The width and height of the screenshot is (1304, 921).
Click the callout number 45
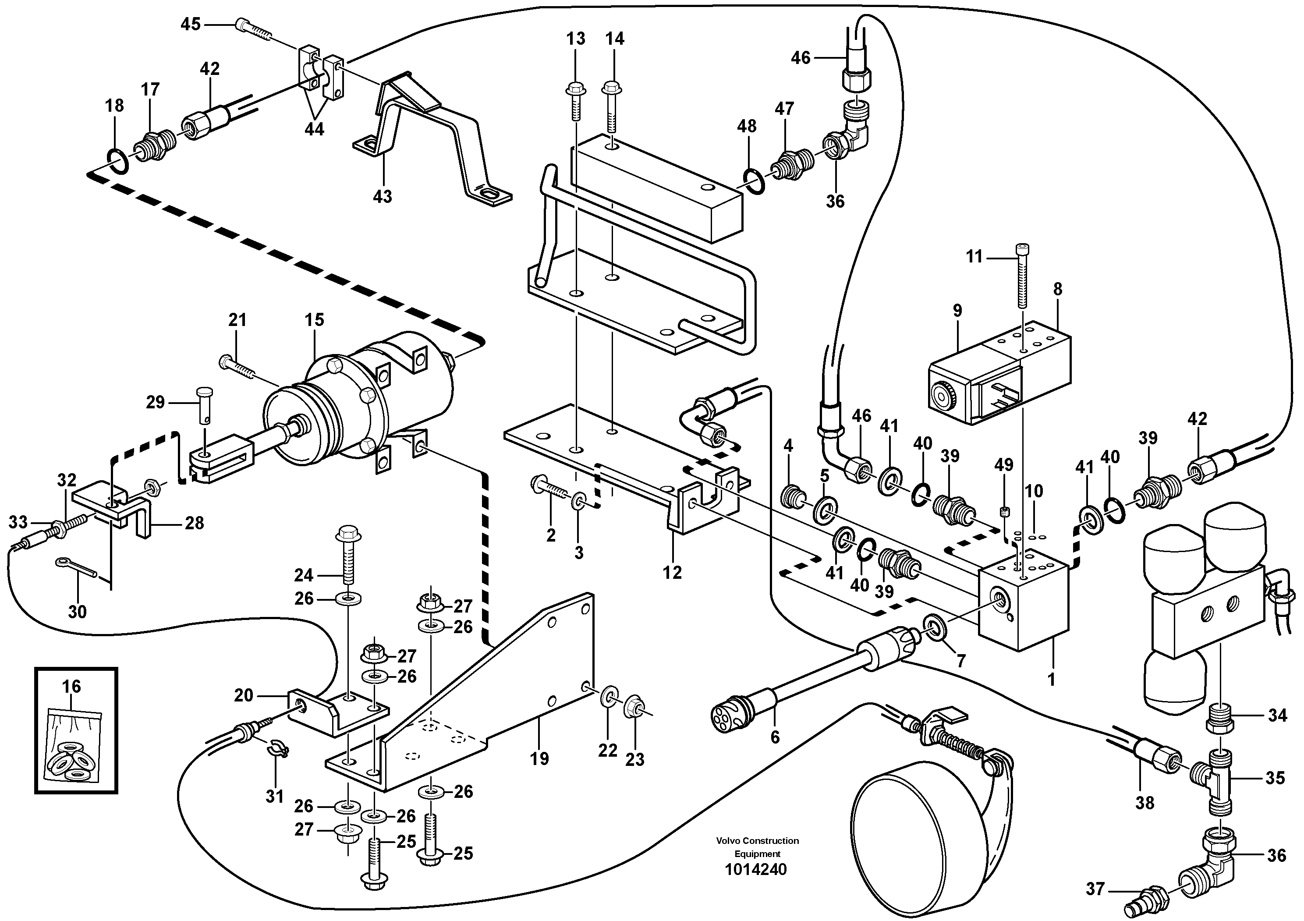click(191, 25)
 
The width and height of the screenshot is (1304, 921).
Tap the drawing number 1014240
click(756, 869)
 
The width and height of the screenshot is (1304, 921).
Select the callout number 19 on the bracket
click(539, 758)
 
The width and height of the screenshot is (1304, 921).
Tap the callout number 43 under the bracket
click(382, 196)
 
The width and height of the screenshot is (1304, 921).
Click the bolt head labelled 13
click(575, 89)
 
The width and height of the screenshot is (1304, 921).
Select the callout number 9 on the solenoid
click(957, 311)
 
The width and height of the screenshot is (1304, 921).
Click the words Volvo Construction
click(757, 841)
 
